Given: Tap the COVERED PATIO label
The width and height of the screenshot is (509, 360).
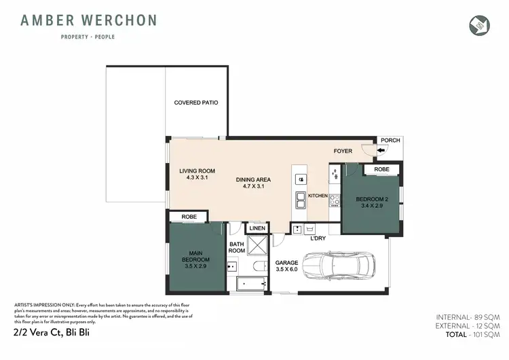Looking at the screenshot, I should pos(196,103).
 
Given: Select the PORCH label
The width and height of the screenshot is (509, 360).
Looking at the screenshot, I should pos(390,141).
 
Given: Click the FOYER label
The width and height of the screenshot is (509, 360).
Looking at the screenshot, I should pos(343,151).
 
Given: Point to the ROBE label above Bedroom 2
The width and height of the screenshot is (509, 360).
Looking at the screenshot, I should pos(381,169).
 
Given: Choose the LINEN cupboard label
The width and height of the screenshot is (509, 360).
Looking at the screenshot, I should pos(257,229).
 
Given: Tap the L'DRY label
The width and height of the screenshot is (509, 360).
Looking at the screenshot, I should pos(319,239).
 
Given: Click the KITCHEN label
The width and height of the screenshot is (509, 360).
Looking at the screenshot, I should pos(318,196).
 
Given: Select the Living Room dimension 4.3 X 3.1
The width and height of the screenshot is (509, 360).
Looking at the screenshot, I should pos(197,178).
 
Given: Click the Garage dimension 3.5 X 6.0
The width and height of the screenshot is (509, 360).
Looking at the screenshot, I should pos(286,270).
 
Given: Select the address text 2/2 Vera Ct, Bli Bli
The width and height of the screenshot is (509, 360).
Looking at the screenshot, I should pos(51,333).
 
